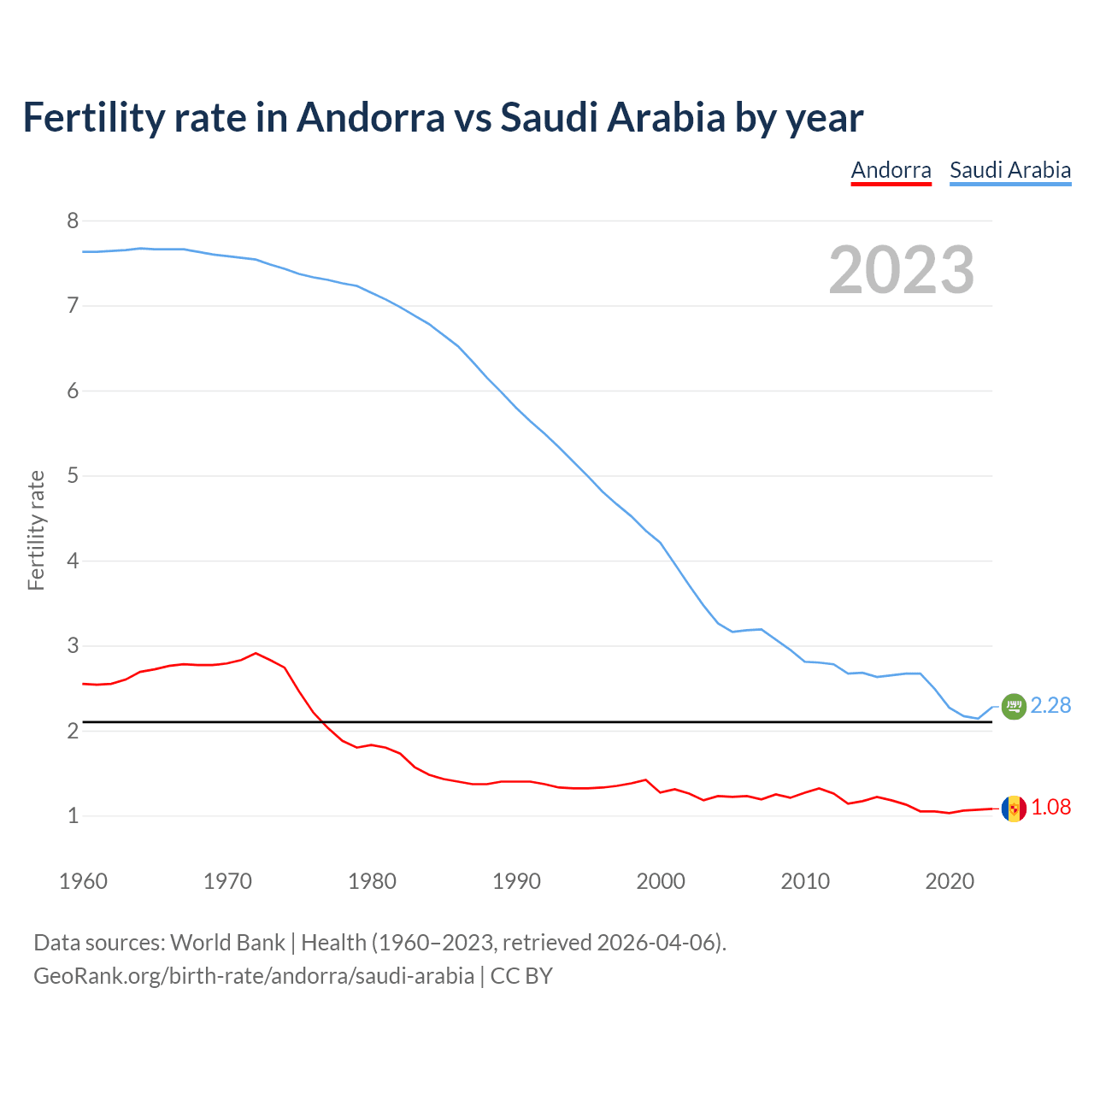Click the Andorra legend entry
pos(891,170)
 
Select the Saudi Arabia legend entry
pos(1010,170)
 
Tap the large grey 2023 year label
pos(902,270)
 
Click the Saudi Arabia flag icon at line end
pos(1014,706)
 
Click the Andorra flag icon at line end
pos(1014,809)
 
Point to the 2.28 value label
pos(1050,706)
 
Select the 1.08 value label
pos(1050,808)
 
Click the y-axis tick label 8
pos(73,221)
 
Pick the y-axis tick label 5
pos(73,476)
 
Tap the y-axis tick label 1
pos(73,816)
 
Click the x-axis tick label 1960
pos(83,881)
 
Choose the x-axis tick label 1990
pos(516,881)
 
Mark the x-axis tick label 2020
pos(950,881)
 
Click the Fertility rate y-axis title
pos(36,530)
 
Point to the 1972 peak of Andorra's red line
pos(256,653)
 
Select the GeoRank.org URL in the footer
pos(253,976)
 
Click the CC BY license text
pos(521,976)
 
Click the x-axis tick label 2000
pos(661,881)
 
